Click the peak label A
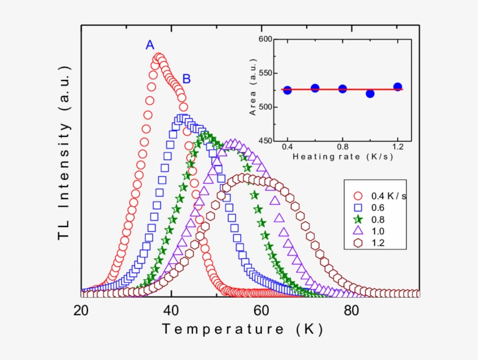click(150, 45)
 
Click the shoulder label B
click(187, 79)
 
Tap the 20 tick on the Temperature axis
click(80, 309)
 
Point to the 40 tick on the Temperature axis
click(171, 309)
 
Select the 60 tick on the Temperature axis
click(261, 309)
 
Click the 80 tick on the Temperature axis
click(350, 309)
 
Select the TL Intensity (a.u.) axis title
click(64, 157)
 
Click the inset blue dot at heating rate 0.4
click(287, 90)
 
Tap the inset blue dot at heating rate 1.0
click(370, 93)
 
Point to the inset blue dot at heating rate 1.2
click(398, 87)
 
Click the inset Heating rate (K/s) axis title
click(342, 157)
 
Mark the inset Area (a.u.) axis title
click(253, 90)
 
